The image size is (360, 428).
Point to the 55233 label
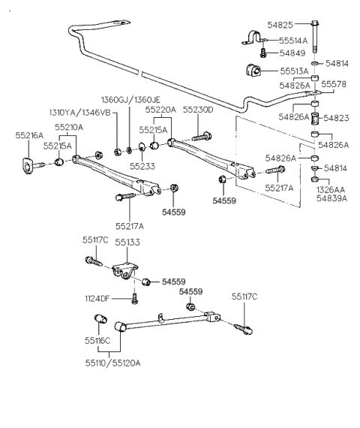[142, 165]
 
